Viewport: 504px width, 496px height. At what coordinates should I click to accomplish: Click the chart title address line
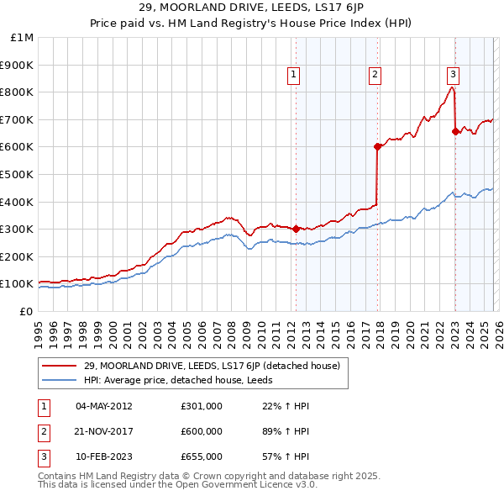(252, 8)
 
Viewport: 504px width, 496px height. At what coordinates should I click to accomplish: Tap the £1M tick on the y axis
(21, 37)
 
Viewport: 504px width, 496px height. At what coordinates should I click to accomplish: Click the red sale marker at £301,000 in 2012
(296, 229)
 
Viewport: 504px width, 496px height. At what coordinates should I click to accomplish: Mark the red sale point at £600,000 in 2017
(377, 146)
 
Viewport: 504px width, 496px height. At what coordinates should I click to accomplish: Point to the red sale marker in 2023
(455, 131)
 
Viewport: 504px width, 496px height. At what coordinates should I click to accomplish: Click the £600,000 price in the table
(202, 431)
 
